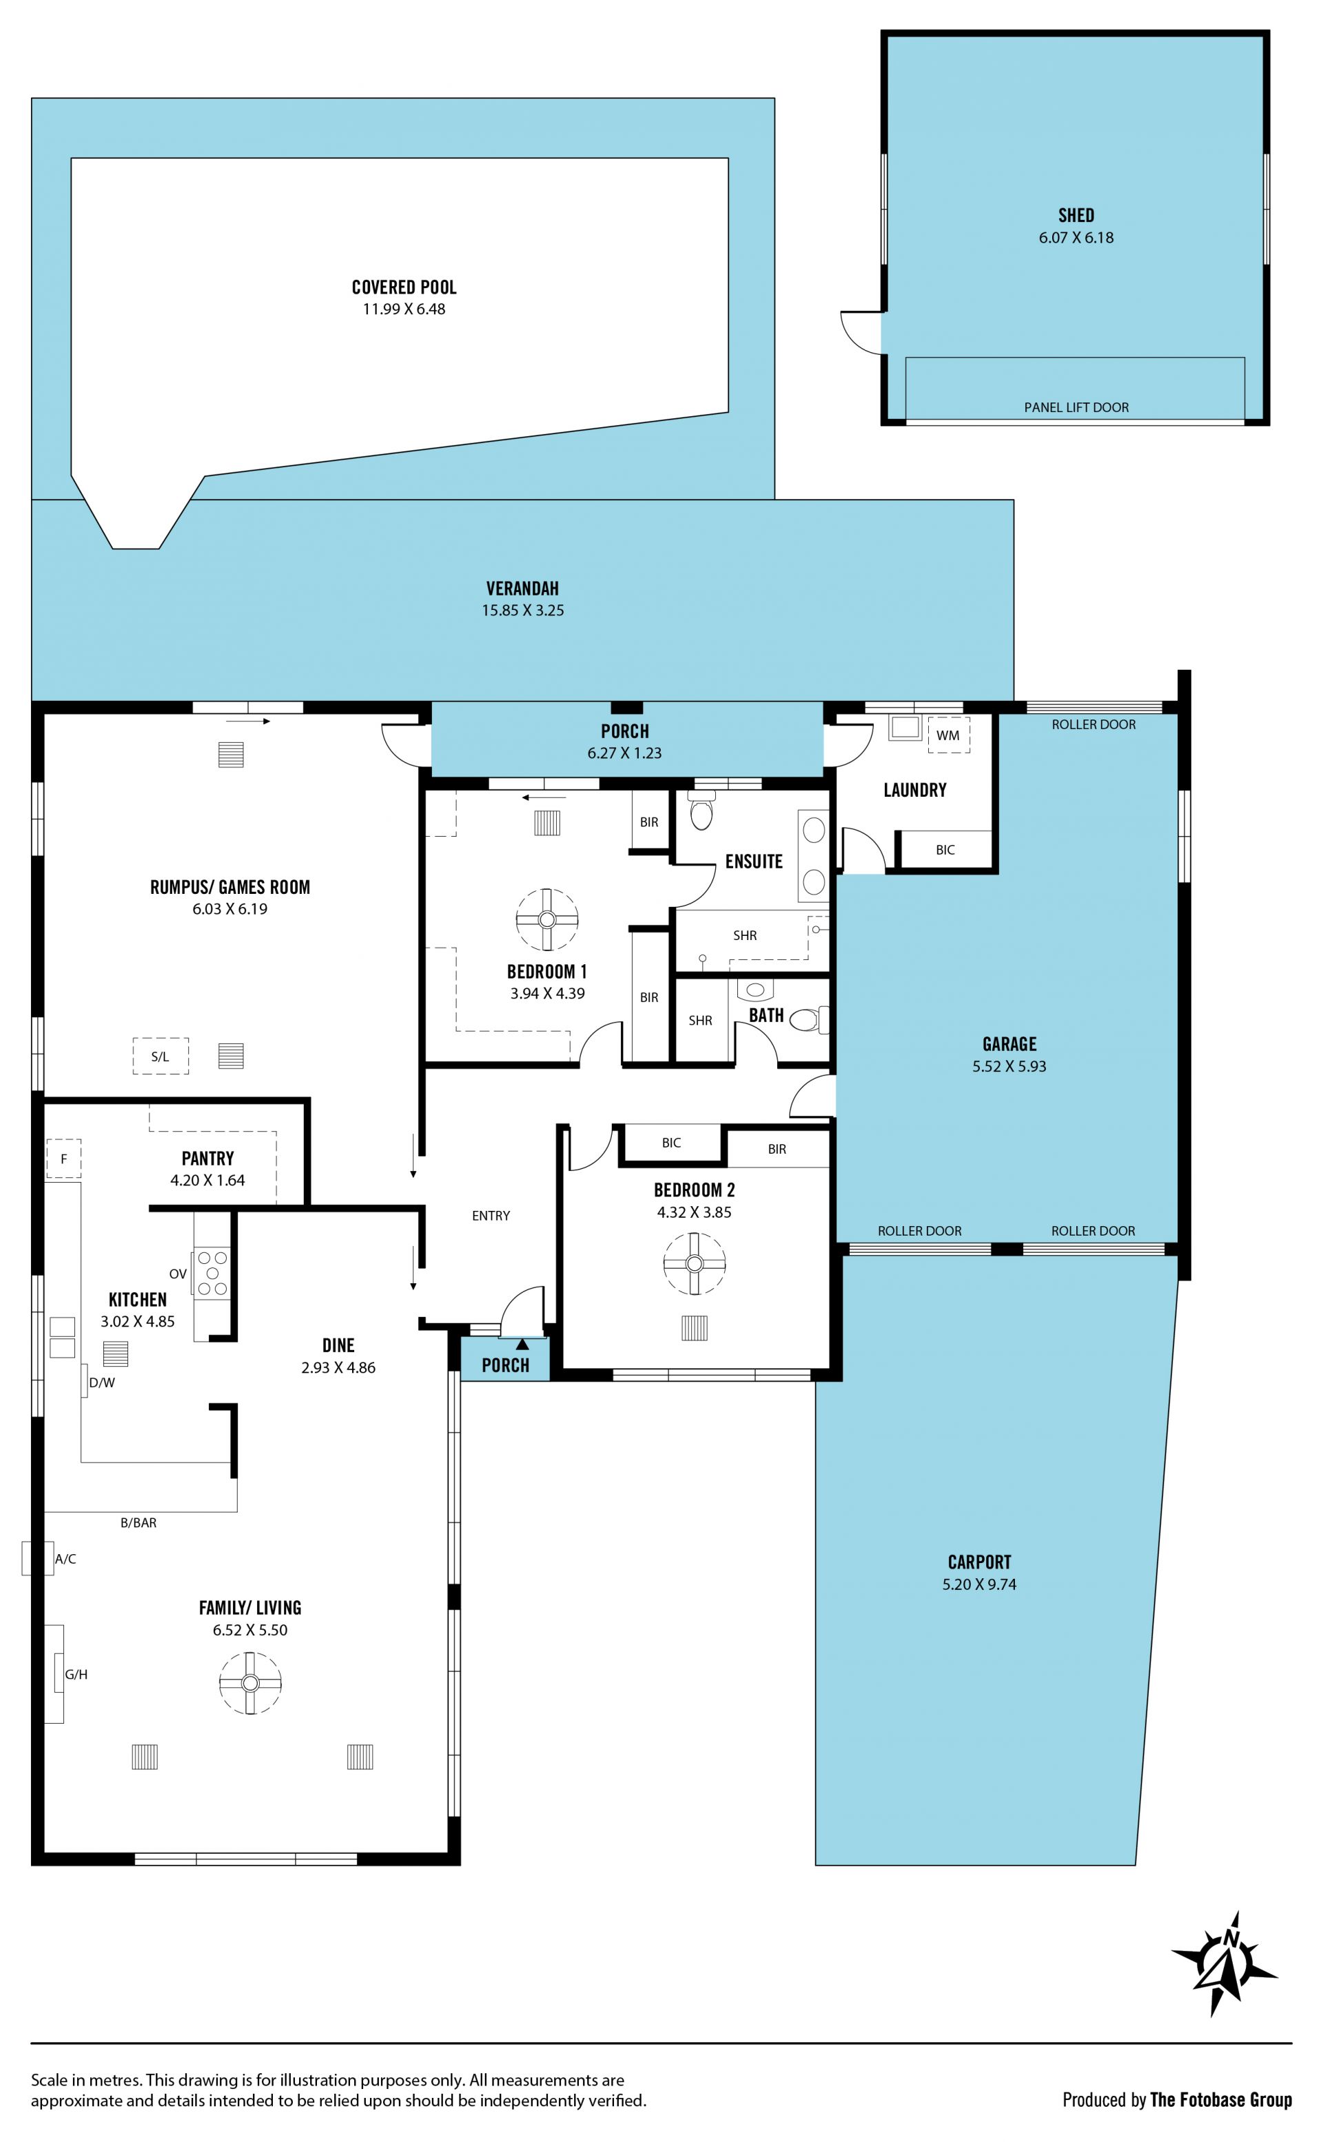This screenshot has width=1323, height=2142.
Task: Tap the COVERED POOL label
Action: coord(404,287)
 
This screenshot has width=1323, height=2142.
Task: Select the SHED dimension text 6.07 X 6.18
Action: coord(1076,237)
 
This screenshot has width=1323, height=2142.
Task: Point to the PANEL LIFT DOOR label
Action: coord(1076,407)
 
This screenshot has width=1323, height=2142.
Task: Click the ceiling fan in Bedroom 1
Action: coord(547,919)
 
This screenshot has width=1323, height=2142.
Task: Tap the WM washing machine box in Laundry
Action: coord(949,735)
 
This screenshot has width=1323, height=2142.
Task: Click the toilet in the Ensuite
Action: coord(701,810)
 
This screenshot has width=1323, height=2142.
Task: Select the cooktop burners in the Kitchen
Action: coord(212,1272)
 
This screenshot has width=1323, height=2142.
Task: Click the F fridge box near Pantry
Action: coord(63,1159)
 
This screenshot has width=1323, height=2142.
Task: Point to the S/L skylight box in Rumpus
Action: coord(160,1056)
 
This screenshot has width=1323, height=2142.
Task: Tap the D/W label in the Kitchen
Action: coord(103,1383)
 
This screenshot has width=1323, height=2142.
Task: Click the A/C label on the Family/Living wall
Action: coord(65,1558)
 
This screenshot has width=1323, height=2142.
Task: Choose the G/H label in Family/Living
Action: coord(76,1674)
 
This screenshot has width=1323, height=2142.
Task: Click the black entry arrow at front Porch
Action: coord(522,1344)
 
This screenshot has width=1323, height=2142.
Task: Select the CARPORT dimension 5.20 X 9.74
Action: coord(979,1584)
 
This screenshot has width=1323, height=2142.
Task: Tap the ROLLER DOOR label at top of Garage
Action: coord(1094,724)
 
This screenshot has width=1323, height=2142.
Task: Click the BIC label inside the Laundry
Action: coord(945,850)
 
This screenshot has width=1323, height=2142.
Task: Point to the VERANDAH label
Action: coord(522,589)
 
